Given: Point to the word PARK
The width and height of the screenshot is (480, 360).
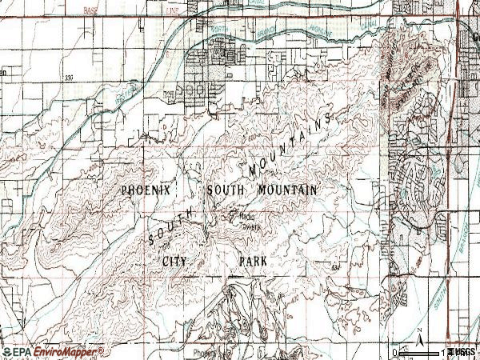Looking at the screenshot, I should (x=252, y=261).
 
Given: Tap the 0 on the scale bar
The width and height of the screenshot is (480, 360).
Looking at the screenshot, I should (x=395, y=352).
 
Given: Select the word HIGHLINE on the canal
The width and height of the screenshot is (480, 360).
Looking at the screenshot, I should (x=320, y=34).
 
